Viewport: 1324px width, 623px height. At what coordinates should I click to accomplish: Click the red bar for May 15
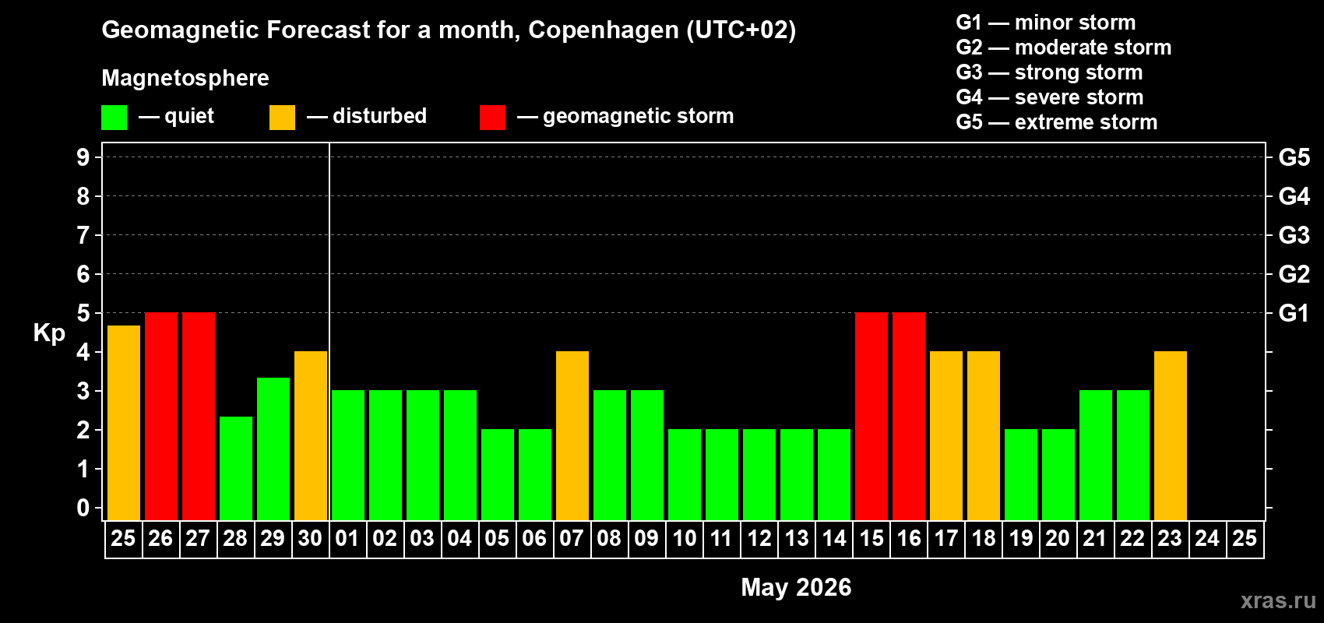point(871,416)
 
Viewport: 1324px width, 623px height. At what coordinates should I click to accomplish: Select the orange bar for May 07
point(572,435)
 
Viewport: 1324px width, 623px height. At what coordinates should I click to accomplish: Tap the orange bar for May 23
point(1170,435)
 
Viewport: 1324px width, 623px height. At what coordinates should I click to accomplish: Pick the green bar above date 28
point(235,468)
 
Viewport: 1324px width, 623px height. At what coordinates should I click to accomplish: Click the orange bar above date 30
point(310,435)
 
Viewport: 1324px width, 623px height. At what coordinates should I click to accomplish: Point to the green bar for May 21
point(1095,455)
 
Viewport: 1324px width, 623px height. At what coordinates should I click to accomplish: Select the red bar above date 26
point(160,416)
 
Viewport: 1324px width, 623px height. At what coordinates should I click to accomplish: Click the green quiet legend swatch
point(114,118)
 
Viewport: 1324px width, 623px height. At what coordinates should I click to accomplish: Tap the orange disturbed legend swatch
point(282,118)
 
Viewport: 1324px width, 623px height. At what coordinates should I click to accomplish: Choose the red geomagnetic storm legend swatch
point(492,118)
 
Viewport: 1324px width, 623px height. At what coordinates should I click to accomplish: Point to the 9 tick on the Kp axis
point(83,157)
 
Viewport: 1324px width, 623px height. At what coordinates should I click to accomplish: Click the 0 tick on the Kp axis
point(83,509)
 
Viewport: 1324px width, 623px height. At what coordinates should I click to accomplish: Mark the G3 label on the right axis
point(1294,235)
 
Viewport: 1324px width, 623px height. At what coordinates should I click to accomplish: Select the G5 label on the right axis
point(1294,157)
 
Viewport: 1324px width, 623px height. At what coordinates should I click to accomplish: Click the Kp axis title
point(49,333)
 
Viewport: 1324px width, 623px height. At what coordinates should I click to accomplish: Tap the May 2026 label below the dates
point(796,587)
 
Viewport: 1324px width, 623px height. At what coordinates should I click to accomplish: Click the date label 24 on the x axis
point(1207,539)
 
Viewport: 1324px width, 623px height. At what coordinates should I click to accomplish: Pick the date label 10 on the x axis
point(684,539)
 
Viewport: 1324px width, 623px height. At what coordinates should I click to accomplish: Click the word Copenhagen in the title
point(604,30)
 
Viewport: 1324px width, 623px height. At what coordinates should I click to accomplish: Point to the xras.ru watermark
point(1278,600)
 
